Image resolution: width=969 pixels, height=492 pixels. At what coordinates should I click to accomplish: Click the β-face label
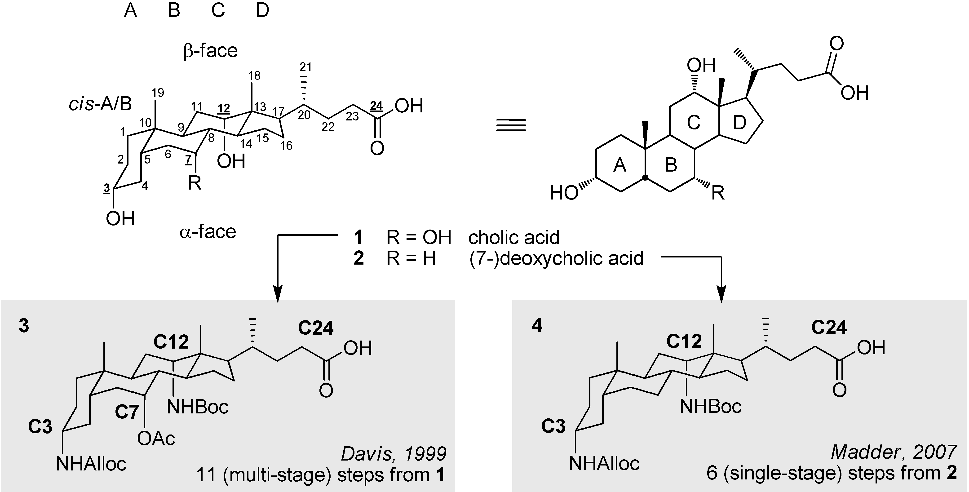point(210,51)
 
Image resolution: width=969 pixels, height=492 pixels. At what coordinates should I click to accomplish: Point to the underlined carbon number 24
point(376,106)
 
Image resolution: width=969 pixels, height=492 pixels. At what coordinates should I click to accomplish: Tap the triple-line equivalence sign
point(511,125)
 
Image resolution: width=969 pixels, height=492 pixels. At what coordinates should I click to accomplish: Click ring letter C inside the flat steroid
point(693,123)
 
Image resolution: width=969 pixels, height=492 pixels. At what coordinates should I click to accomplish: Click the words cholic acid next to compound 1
point(514,238)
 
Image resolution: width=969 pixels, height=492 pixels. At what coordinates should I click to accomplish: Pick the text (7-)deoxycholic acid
point(556,259)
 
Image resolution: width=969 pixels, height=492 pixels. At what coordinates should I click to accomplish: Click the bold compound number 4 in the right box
point(537,326)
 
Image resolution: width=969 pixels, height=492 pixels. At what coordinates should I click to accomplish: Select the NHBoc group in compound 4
point(710,407)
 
